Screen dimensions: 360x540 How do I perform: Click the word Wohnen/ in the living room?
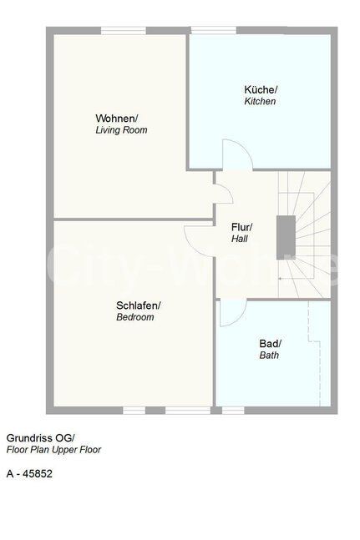(117, 119)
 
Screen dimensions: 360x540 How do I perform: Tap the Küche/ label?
(261, 89)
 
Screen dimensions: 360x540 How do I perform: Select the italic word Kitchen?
(260, 101)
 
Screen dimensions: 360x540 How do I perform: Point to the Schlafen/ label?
(139, 305)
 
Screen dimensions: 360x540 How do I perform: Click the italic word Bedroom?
(135, 317)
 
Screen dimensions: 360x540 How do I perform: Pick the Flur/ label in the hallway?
(242, 227)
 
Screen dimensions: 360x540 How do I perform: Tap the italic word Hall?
(240, 239)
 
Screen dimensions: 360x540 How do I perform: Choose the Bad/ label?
(271, 343)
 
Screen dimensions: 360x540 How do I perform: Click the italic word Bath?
(269, 355)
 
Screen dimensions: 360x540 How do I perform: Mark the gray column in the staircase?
(286, 237)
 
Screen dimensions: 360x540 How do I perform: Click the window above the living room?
(124, 31)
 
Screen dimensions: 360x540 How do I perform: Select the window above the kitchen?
(214, 30)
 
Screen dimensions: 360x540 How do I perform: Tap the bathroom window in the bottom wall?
(233, 410)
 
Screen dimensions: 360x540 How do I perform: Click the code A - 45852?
(29, 474)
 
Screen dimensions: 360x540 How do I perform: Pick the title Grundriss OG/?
(40, 438)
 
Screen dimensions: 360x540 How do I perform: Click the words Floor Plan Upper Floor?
(53, 450)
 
